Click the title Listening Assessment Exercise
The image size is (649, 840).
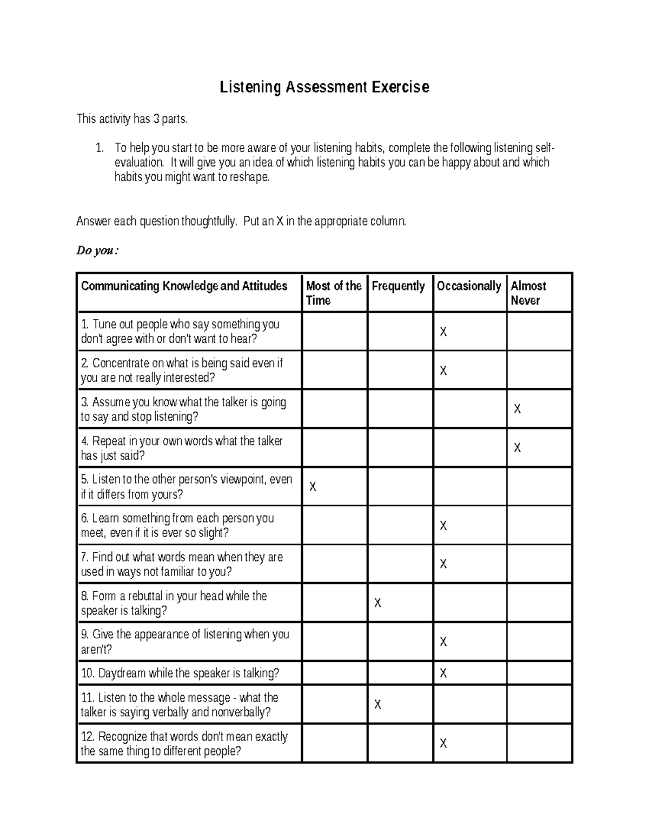point(324,87)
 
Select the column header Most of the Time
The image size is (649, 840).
point(333,293)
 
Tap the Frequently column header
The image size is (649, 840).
point(398,286)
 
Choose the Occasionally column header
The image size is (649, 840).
point(468,286)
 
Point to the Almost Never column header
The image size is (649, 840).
point(528,293)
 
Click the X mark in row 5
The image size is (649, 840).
point(313,487)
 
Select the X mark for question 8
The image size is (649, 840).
point(378,603)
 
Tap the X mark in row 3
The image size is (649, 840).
point(517,409)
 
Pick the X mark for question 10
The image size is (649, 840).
point(443,673)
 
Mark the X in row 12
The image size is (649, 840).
point(443,743)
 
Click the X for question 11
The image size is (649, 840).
point(378,704)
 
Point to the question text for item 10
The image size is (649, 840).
point(180,673)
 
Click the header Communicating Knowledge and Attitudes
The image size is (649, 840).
point(184,286)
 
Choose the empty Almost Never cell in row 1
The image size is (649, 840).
point(539,332)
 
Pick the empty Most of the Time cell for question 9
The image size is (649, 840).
point(334,641)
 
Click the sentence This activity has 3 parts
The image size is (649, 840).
point(133,119)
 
